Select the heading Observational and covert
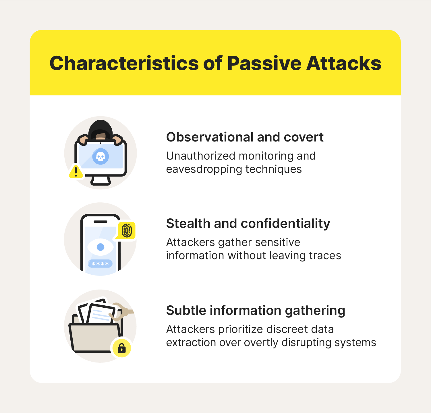pos(245,137)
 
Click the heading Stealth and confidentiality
pos(248,224)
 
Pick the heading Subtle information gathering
pos(256,311)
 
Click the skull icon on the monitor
pos(100,156)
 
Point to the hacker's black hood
pos(100,129)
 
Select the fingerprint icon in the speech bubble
pos(127,230)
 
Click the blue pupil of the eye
pos(100,247)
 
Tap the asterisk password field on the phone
pos(100,263)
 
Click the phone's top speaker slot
pos(100,222)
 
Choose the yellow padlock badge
pos(121,348)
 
